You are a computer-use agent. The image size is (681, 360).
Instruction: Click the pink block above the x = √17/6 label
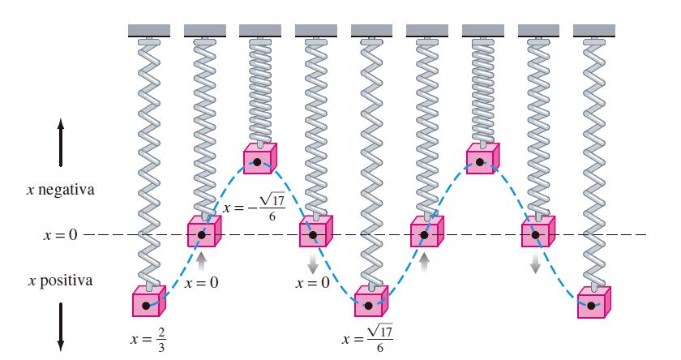click(370, 302)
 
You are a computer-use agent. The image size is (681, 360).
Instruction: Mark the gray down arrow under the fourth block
click(314, 264)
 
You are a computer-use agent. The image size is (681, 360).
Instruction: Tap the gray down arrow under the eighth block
click(536, 264)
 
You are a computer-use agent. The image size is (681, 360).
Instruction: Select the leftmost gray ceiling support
click(148, 30)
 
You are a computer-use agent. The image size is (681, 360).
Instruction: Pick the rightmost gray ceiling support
click(593, 30)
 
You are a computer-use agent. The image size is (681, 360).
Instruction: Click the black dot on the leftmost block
click(146, 306)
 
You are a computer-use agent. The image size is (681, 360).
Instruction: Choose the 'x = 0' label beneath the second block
click(201, 283)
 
